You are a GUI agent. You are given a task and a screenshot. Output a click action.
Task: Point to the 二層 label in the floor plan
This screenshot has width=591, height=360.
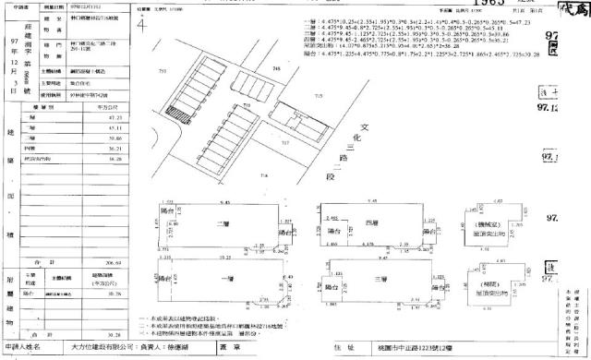tap(221, 224)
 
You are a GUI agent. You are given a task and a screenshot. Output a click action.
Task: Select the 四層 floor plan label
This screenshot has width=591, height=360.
tap(372, 223)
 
